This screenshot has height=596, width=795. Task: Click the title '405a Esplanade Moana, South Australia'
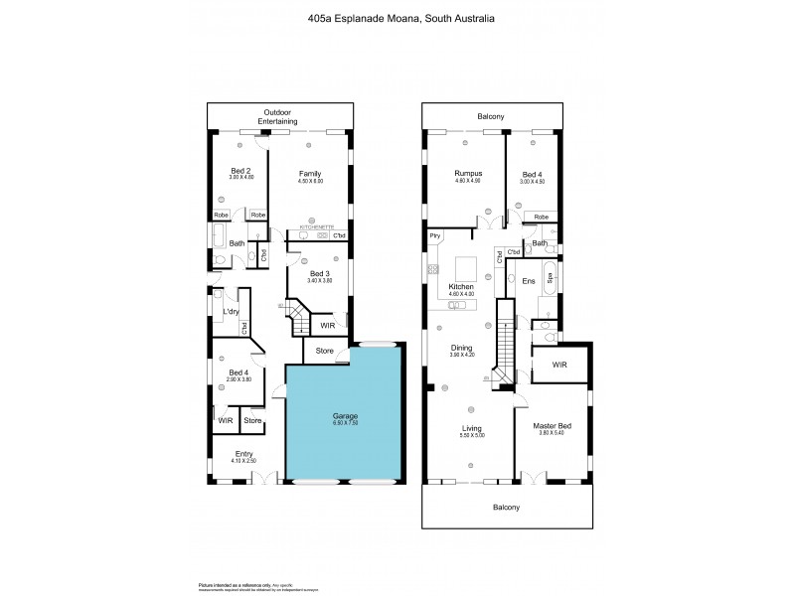[397, 18]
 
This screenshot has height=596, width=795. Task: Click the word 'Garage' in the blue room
[345, 415]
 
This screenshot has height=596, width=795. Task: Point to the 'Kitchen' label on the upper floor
[462, 286]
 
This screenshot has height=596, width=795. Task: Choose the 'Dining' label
[462, 348]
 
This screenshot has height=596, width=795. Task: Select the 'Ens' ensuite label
[529, 281]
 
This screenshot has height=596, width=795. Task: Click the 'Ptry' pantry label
[435, 235]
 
